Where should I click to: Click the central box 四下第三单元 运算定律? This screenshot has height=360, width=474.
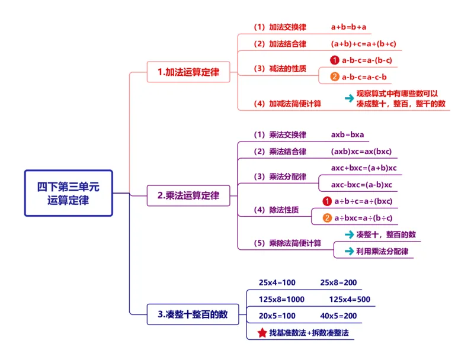click(68, 193)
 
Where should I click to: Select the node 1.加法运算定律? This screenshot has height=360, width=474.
click(188, 72)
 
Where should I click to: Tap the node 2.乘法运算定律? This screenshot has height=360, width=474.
click(188, 195)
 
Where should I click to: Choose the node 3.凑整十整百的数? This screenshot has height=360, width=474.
click(193, 314)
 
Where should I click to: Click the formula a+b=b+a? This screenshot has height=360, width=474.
click(348, 27)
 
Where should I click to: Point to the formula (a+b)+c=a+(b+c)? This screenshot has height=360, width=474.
click(363, 44)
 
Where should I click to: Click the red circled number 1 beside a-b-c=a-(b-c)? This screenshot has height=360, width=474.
click(334, 60)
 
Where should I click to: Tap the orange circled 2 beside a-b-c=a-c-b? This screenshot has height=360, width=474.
click(334, 76)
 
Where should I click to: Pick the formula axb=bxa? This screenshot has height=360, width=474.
click(348, 134)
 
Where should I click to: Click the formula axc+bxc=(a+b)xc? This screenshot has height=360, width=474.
click(363, 168)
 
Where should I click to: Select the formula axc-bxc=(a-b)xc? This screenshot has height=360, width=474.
click(361, 185)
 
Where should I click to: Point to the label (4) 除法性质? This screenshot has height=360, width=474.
click(276, 210)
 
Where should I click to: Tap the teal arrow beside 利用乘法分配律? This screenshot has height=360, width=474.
click(349, 251)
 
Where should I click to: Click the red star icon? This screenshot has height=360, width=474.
click(261, 333)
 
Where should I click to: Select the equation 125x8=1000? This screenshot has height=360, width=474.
click(281, 299)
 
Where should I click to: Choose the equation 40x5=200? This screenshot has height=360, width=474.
click(338, 316)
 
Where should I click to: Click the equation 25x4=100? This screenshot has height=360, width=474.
click(277, 282)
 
